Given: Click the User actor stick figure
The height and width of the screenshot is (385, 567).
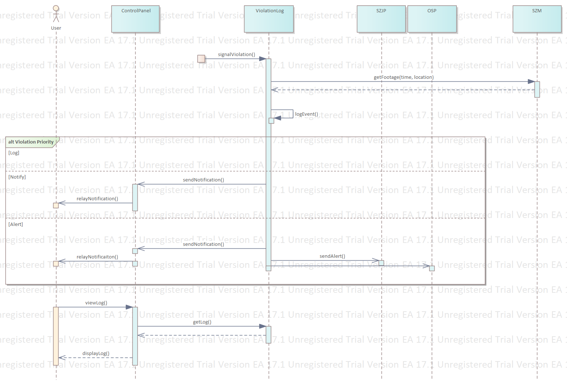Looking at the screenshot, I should [x=56, y=14].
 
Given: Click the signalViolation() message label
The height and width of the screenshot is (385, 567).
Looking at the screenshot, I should [x=236, y=55].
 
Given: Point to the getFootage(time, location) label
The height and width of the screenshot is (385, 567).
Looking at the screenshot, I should [x=404, y=77].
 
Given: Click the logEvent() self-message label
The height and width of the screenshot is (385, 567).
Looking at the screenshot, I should [x=307, y=114].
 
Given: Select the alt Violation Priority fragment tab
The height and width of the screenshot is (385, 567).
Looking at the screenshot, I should [x=31, y=142].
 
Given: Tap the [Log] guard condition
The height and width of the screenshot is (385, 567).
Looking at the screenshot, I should [x=14, y=153].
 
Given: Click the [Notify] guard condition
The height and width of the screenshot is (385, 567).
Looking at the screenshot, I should [x=17, y=177].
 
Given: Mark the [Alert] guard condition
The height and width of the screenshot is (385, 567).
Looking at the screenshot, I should [x=16, y=224].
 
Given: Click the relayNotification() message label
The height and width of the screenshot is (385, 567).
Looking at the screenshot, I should [x=97, y=199].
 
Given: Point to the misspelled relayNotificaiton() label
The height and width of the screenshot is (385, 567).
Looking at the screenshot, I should [x=97, y=257].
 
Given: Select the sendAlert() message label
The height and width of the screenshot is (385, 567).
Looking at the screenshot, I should [x=332, y=256].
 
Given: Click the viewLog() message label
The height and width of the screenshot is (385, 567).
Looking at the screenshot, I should [x=96, y=303].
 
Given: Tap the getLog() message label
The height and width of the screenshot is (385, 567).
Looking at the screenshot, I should [x=202, y=322].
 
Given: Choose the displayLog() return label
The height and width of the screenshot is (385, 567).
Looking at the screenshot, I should [x=96, y=354].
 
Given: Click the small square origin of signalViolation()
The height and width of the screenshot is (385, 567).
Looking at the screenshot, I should [x=201, y=59].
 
